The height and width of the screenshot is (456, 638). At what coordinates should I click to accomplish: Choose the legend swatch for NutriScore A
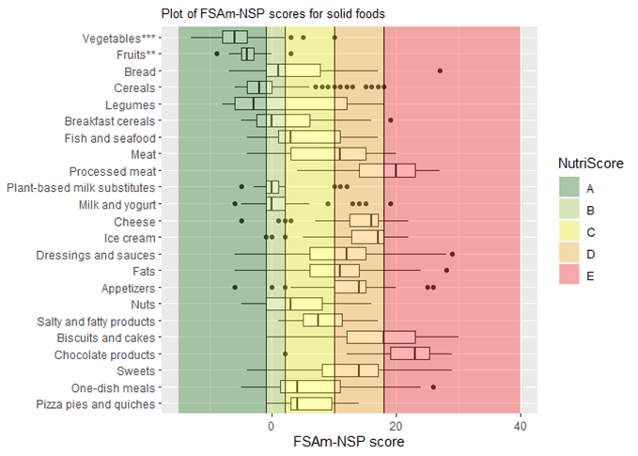click(570, 187)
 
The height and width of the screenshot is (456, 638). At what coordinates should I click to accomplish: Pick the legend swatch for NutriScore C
click(570, 231)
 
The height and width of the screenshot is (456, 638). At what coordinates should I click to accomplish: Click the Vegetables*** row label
click(118, 38)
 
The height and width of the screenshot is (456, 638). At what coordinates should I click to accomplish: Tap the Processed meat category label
click(113, 171)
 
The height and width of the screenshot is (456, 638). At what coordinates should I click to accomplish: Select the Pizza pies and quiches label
click(96, 404)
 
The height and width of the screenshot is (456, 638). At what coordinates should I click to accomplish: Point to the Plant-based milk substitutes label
click(81, 187)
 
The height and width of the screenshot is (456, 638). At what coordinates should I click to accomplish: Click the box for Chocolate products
click(410, 354)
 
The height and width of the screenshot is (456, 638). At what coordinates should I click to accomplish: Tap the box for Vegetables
click(235, 38)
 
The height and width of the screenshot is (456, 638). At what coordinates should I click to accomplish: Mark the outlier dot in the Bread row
click(440, 71)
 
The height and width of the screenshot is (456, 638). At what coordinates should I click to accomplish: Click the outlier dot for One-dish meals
click(433, 387)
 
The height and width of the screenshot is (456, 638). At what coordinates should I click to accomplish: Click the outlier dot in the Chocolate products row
click(285, 354)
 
